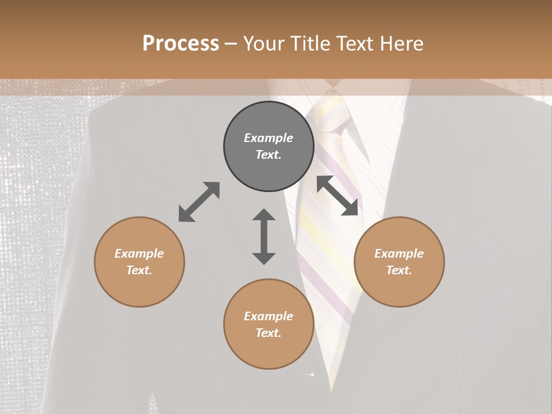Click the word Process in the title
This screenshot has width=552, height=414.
pos(181,44)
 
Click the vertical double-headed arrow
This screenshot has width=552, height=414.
pos(264,236)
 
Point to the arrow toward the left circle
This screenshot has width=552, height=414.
pos(199,202)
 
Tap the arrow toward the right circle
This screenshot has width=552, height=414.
pos(338,195)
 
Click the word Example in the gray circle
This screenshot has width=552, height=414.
pos(269,138)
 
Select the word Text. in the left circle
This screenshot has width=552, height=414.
pos(139,270)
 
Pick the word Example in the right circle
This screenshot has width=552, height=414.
pos(399,254)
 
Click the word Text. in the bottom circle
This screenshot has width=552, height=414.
pos(269,333)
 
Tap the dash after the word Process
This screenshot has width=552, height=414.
pos(231,44)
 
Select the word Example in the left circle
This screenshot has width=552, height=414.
pos(139,254)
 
